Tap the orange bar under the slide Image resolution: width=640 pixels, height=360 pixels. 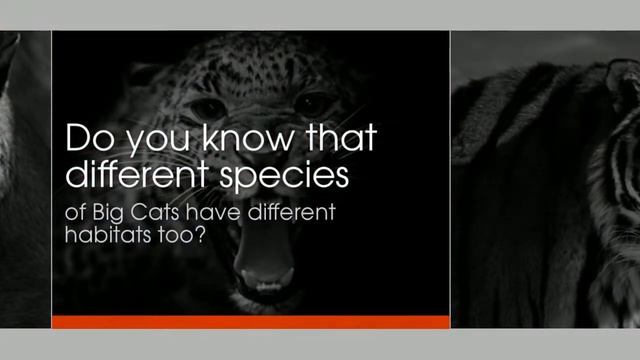click(251, 322)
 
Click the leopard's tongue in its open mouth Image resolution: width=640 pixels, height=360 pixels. click(265, 264)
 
